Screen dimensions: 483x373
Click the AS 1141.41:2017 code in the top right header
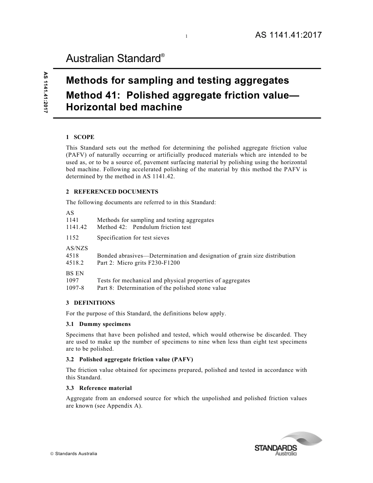click(288, 35)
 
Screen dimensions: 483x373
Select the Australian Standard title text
click(113, 59)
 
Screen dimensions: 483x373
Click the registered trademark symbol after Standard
click(163, 55)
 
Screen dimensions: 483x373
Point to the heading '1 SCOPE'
click(80, 137)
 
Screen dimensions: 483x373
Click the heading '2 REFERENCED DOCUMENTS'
click(112, 192)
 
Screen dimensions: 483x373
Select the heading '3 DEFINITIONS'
click(90, 303)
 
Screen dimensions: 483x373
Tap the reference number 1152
click(72, 238)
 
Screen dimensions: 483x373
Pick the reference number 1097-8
click(75, 288)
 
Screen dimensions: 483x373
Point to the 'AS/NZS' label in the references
click(77, 248)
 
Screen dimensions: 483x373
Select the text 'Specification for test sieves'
click(133, 238)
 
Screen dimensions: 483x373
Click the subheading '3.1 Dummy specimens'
click(98, 324)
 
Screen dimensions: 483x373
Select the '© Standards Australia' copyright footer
click(73, 454)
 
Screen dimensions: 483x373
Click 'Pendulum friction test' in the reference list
click(162, 227)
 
